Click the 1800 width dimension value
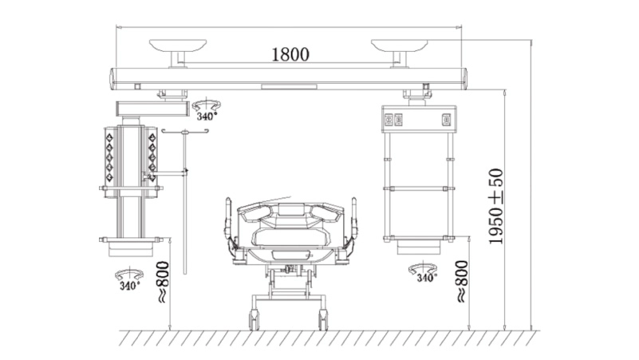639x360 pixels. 290,54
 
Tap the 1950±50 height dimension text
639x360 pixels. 496,206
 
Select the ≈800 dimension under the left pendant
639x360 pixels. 163,282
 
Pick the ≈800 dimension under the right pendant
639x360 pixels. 462,281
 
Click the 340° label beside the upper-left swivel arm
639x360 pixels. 207,117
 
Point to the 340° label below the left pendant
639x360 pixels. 129,286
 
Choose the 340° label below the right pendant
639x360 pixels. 427,278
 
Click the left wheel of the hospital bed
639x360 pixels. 254,319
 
